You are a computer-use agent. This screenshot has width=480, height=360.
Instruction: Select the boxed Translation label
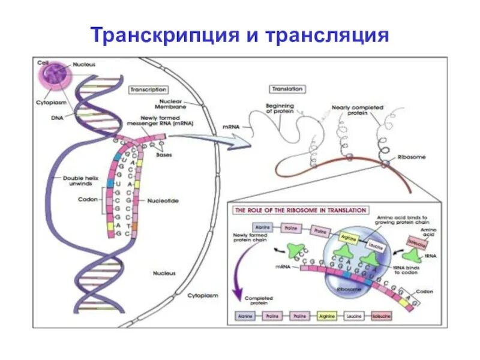pyautogui.click(x=287, y=89)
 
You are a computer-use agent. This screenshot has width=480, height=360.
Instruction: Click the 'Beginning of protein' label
pyautogui.click(x=279, y=109)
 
